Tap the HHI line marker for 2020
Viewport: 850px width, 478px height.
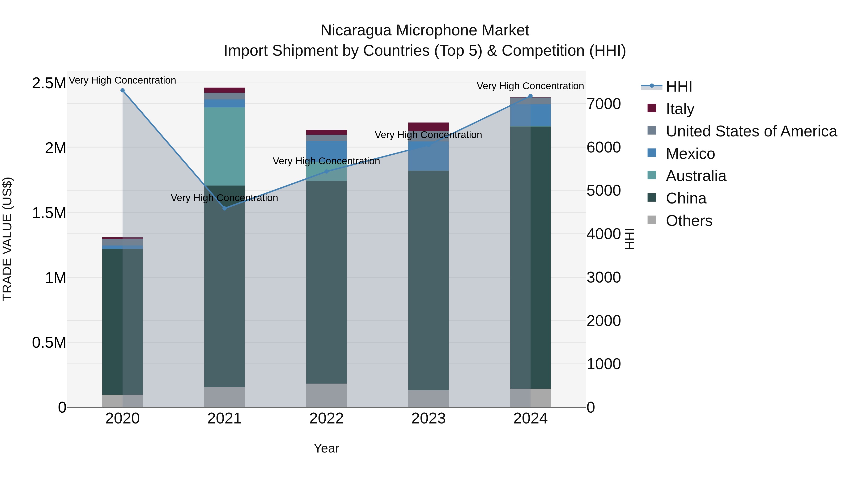pos(122,90)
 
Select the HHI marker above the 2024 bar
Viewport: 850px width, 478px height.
pos(530,96)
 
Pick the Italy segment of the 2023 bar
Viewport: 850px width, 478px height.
pos(428,127)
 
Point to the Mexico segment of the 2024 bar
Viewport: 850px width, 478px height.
pos(530,115)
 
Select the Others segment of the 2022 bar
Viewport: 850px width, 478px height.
pos(326,395)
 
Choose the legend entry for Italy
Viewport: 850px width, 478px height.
pos(680,109)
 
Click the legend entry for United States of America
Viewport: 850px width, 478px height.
pos(751,131)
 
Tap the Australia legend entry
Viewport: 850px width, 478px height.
pos(696,176)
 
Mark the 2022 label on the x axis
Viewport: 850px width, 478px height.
pos(326,419)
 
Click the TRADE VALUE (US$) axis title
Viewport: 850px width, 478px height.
pos(7,239)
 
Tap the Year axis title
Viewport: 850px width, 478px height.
pos(326,448)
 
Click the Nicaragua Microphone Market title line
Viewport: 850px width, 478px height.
pos(425,30)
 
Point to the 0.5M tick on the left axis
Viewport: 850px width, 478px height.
pos(49,343)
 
